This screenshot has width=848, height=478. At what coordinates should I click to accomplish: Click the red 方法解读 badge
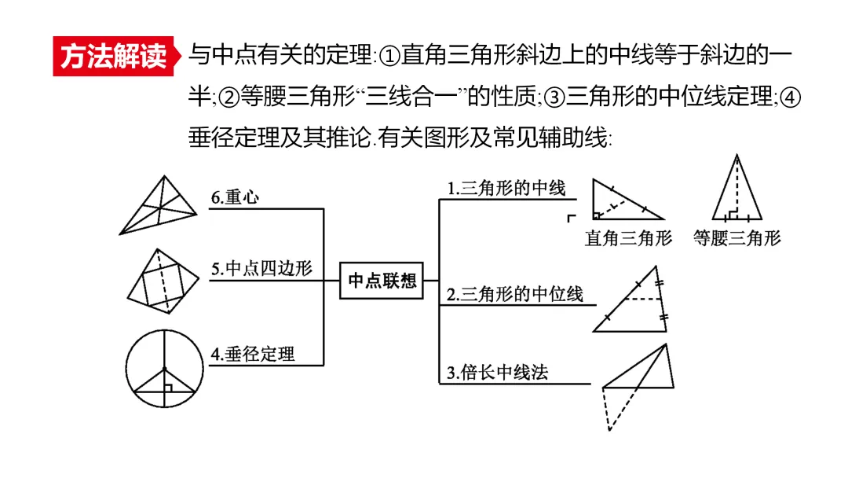point(115,57)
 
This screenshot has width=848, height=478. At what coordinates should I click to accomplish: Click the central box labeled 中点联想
point(382,281)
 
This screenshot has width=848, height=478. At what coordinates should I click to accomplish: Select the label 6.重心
point(236,197)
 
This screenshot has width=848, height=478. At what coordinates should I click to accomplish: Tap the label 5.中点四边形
point(261,268)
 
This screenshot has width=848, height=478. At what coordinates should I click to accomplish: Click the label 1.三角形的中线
point(506,189)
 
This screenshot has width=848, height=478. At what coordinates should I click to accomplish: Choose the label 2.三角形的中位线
point(515,294)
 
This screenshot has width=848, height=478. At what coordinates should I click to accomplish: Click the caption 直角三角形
point(628,238)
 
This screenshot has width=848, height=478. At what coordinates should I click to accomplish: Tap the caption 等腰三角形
point(737,238)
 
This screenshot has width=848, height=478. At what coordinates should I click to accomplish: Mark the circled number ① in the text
point(390,57)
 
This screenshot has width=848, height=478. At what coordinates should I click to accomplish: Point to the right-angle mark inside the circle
point(169,387)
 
